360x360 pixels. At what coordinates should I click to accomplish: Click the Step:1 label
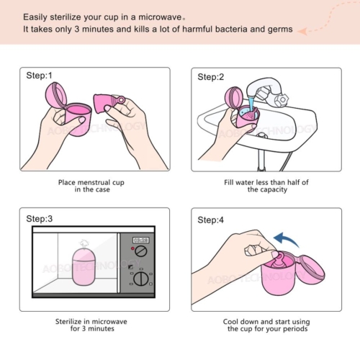pos(39,76)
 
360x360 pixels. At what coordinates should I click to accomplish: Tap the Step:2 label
pos(210,77)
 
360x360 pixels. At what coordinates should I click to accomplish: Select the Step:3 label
pos(39,219)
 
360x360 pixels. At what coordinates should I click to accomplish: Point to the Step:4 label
pos(210,220)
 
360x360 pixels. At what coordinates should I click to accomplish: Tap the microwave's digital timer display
pos(141,240)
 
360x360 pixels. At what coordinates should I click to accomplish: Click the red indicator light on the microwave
pos(132,248)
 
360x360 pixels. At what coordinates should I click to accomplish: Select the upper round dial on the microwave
pos(141,251)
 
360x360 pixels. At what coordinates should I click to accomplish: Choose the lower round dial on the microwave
pos(140,279)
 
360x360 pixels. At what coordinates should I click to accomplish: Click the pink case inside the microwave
pos(84,268)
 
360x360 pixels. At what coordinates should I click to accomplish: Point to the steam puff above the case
pos(84,243)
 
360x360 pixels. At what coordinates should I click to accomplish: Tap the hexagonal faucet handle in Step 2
pos(282,99)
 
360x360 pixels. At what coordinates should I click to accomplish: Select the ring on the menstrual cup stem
pos(122,99)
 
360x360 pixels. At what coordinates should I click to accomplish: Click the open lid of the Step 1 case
pos(56,95)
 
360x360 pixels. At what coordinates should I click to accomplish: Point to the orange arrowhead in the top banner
pos(303,31)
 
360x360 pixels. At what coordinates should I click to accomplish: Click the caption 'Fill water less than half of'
pos(266,182)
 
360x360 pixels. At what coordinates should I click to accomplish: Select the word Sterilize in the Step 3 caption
pos(68,321)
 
